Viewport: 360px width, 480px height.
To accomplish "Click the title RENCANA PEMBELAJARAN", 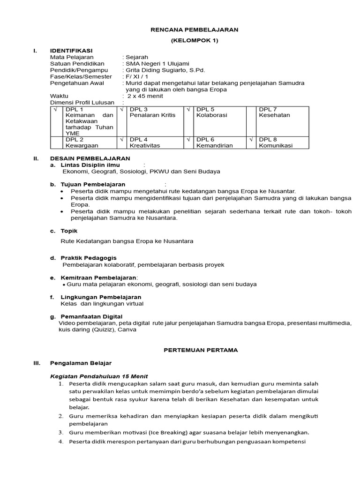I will (x=194, y=30).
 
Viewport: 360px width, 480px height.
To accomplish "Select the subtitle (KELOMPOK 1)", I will (x=194, y=40).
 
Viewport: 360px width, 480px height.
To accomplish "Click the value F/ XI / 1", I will (x=136, y=76).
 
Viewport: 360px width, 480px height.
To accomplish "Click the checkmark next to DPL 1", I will (x=55, y=109).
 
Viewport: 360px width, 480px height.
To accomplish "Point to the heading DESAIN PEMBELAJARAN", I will (x=90, y=158).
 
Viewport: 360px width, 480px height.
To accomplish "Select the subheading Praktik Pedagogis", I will (x=89, y=258).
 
